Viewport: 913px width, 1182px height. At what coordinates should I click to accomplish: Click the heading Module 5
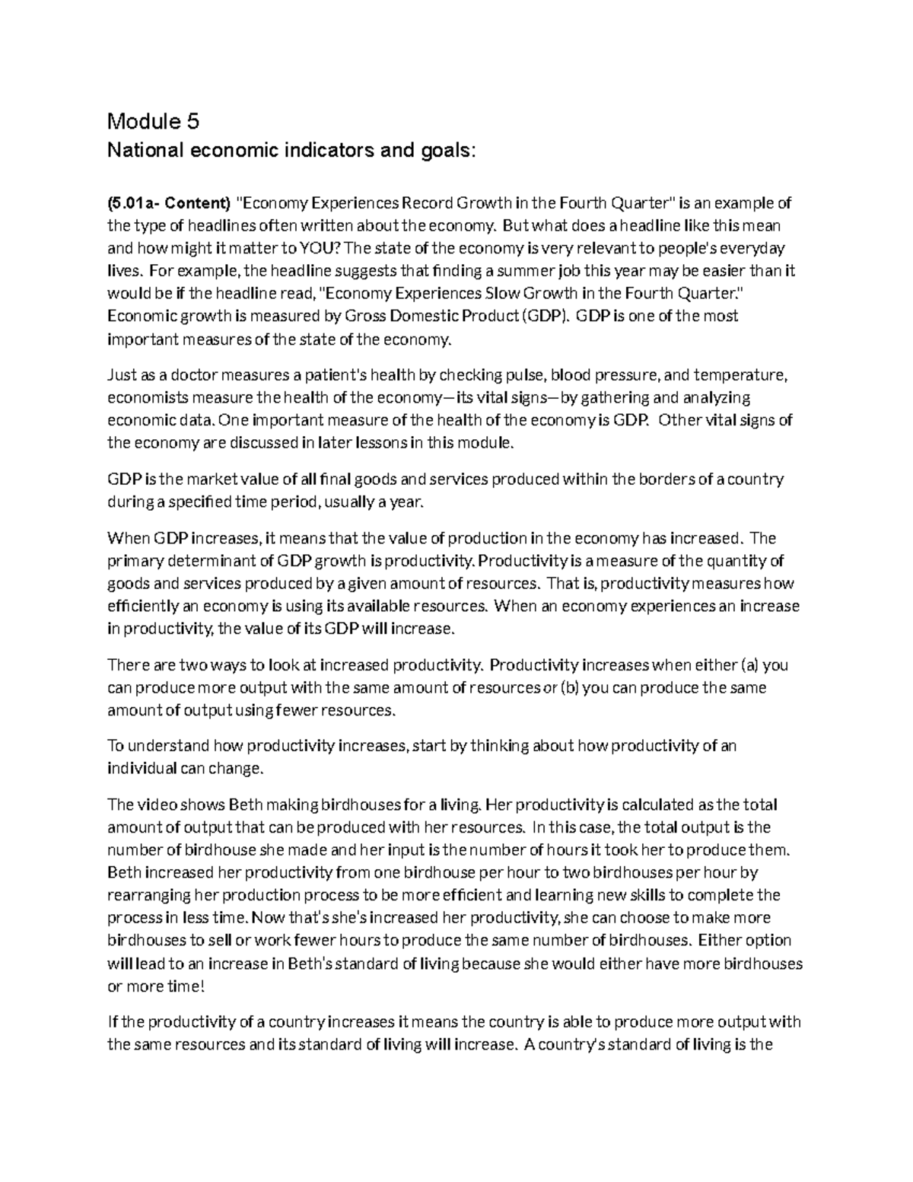(153, 121)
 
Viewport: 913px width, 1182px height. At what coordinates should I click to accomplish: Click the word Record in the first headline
(429, 203)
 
